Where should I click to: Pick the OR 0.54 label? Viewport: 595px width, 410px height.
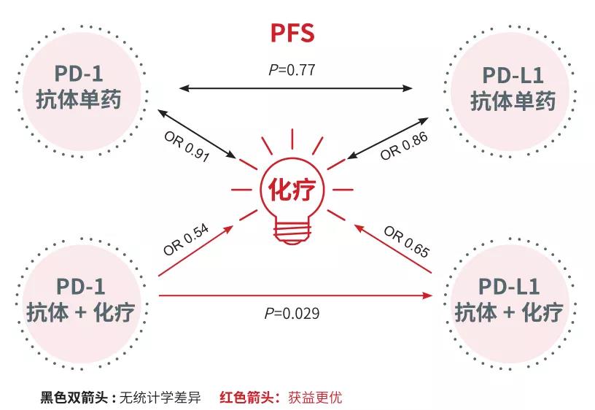coord(187,240)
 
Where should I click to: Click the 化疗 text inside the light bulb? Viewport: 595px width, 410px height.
coord(292,190)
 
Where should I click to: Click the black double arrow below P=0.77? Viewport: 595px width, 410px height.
coord(296,88)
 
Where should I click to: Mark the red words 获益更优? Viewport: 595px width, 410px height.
coord(313,398)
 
